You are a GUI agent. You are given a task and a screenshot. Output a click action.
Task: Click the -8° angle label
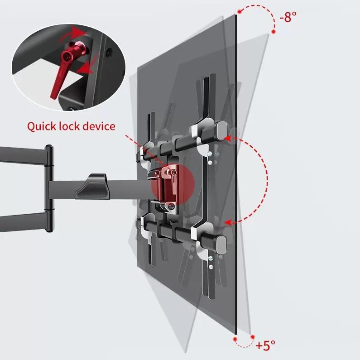[x=288, y=17]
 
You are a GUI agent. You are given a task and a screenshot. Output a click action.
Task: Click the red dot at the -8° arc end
[x=274, y=32]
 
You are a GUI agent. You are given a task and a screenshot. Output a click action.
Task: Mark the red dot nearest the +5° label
[x=252, y=336]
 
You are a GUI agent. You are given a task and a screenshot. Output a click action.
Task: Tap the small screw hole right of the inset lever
[x=107, y=53]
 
